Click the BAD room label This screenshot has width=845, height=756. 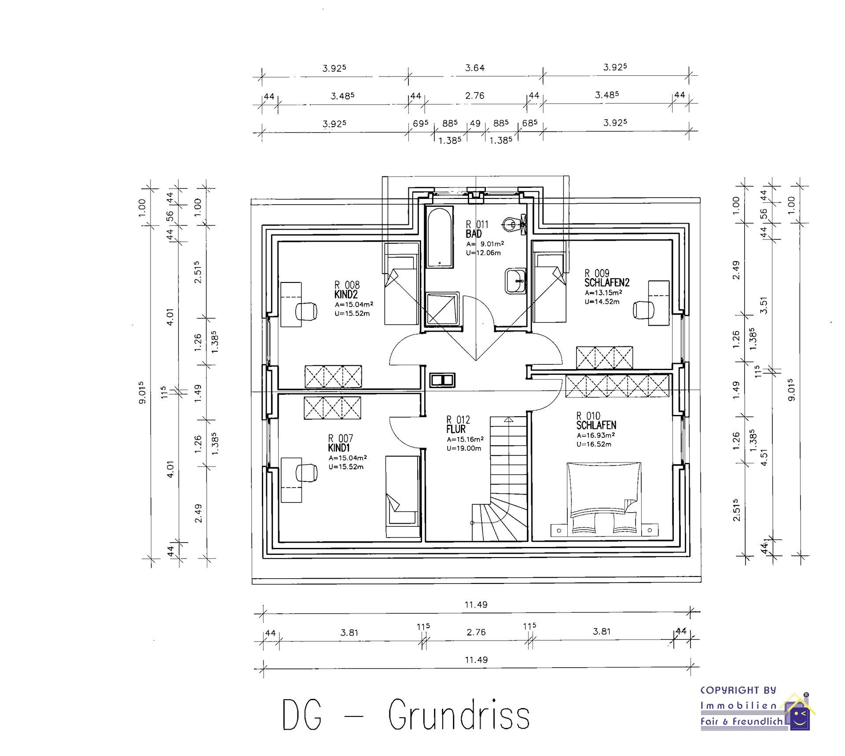[474, 234]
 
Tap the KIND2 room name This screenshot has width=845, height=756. [346, 294]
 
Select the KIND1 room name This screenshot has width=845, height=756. [339, 448]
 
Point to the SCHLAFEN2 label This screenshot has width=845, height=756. [607, 283]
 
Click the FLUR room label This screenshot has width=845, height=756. [456, 429]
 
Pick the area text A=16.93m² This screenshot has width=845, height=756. [595, 435]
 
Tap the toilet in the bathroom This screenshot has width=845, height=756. [513, 224]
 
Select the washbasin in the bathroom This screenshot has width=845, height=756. [515, 281]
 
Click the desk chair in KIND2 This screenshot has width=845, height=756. [306, 311]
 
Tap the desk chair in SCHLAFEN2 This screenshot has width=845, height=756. [643, 310]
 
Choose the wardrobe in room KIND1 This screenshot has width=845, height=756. [332, 408]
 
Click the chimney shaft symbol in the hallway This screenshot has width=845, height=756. [442, 380]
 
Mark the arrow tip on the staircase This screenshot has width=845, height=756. [509, 419]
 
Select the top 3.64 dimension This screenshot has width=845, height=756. [475, 68]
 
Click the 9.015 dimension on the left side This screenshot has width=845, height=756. [142, 393]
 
